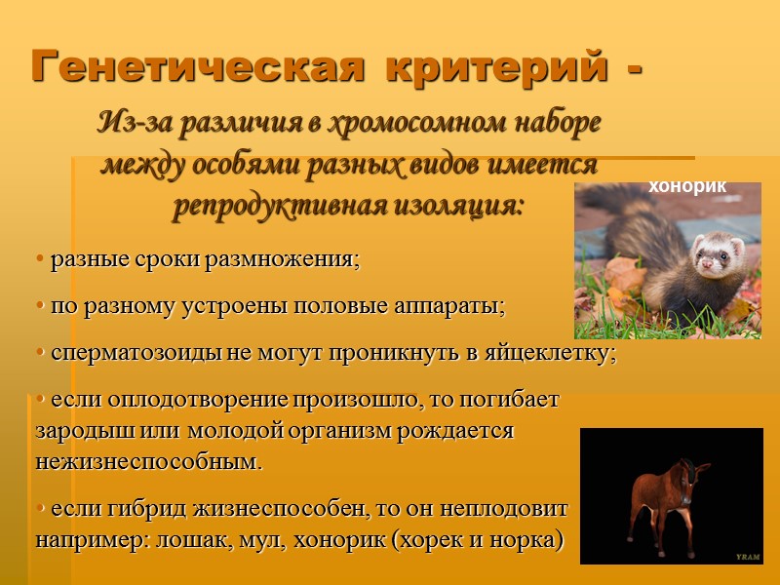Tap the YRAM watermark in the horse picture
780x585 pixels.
tap(747, 556)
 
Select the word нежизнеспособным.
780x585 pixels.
tap(149, 461)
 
